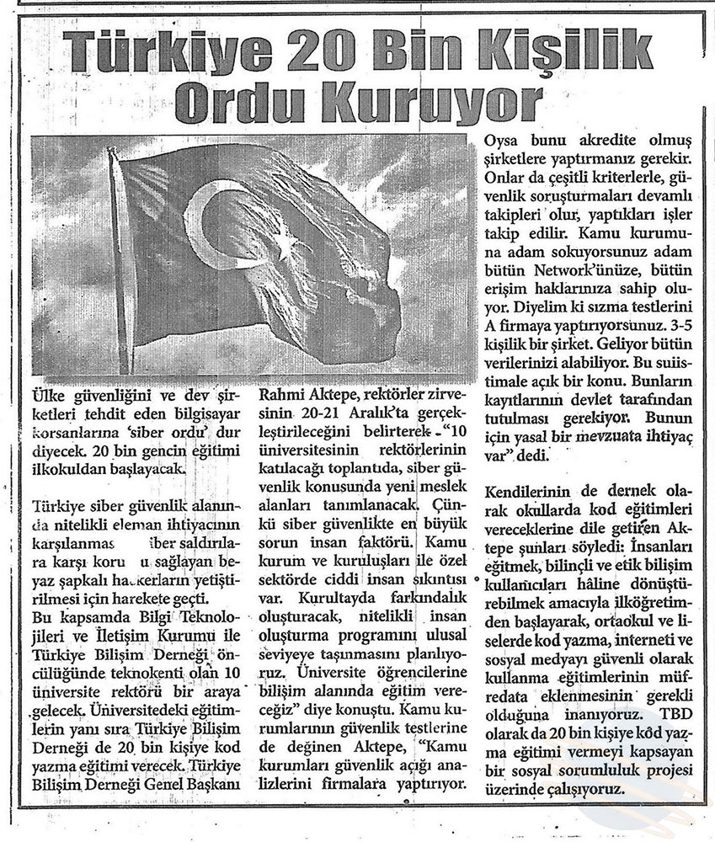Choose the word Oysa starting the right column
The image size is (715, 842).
[x=505, y=140]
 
